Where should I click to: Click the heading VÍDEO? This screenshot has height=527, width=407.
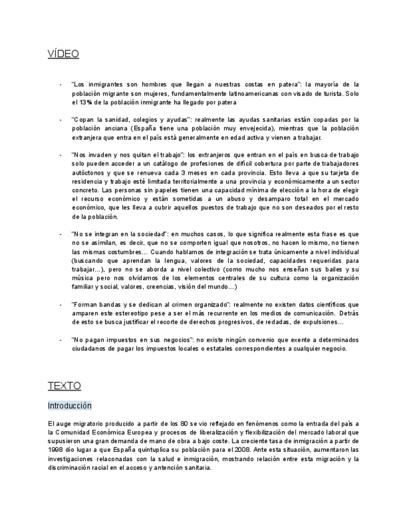coord(63,54)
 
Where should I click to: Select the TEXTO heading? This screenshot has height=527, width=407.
coord(64,386)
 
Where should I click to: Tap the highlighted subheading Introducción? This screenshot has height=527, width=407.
coord(70,406)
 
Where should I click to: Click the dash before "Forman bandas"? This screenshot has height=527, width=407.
coord(60,305)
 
